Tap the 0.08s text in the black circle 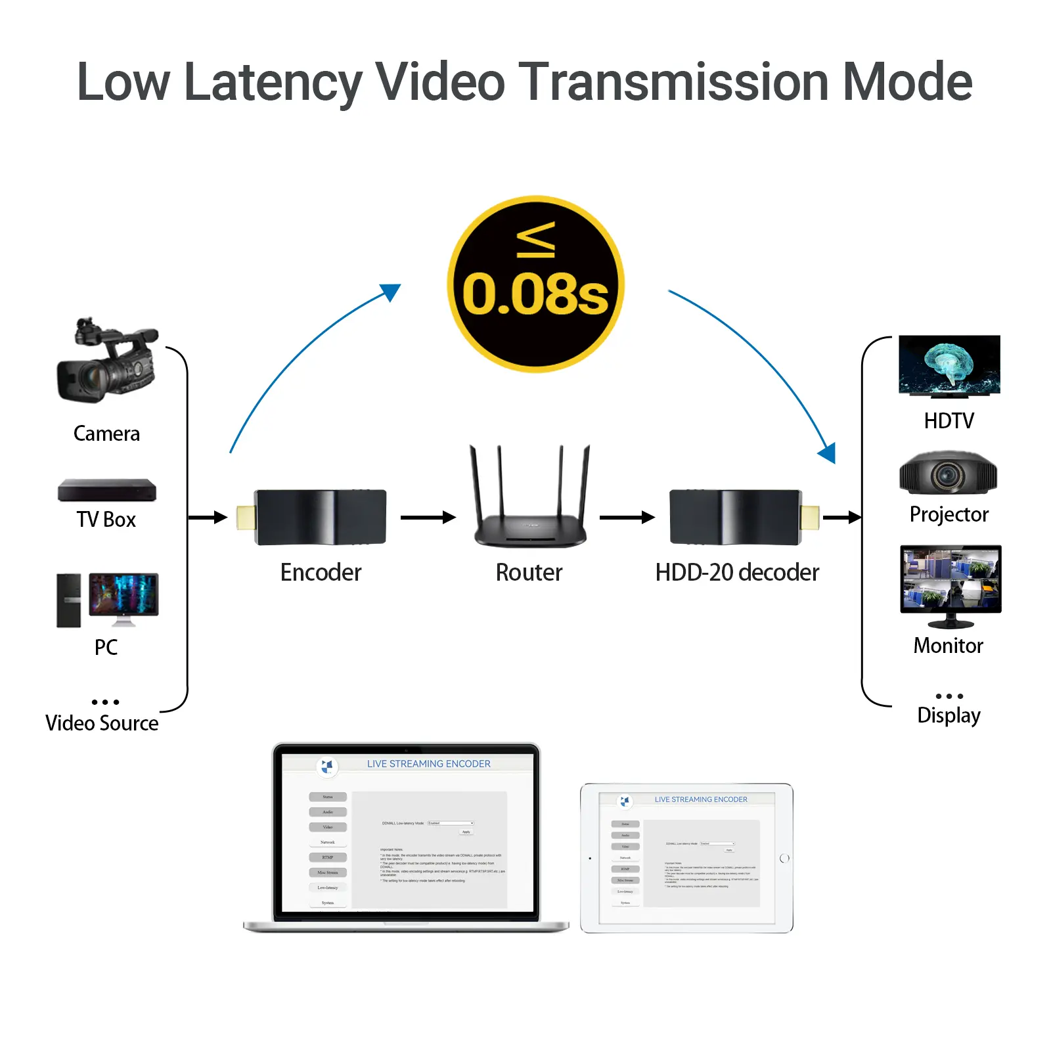pyautogui.click(x=535, y=294)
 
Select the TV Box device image pyautogui.click(x=107, y=490)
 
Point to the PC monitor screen pyautogui.click(x=123, y=594)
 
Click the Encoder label pyautogui.click(x=321, y=572)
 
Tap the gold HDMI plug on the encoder pyautogui.click(x=246, y=518)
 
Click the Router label pyautogui.click(x=529, y=572)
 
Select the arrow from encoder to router pyautogui.click(x=428, y=518)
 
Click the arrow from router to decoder pyautogui.click(x=627, y=518)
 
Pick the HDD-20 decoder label pyautogui.click(x=737, y=572)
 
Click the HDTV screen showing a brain pyautogui.click(x=949, y=365)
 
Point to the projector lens pyautogui.click(x=947, y=474)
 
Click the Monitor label pyautogui.click(x=948, y=646)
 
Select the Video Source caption pyautogui.click(x=102, y=723)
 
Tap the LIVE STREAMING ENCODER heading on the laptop pyautogui.click(x=428, y=764)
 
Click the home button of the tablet pyautogui.click(x=784, y=859)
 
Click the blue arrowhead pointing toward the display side pyautogui.click(x=828, y=453)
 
